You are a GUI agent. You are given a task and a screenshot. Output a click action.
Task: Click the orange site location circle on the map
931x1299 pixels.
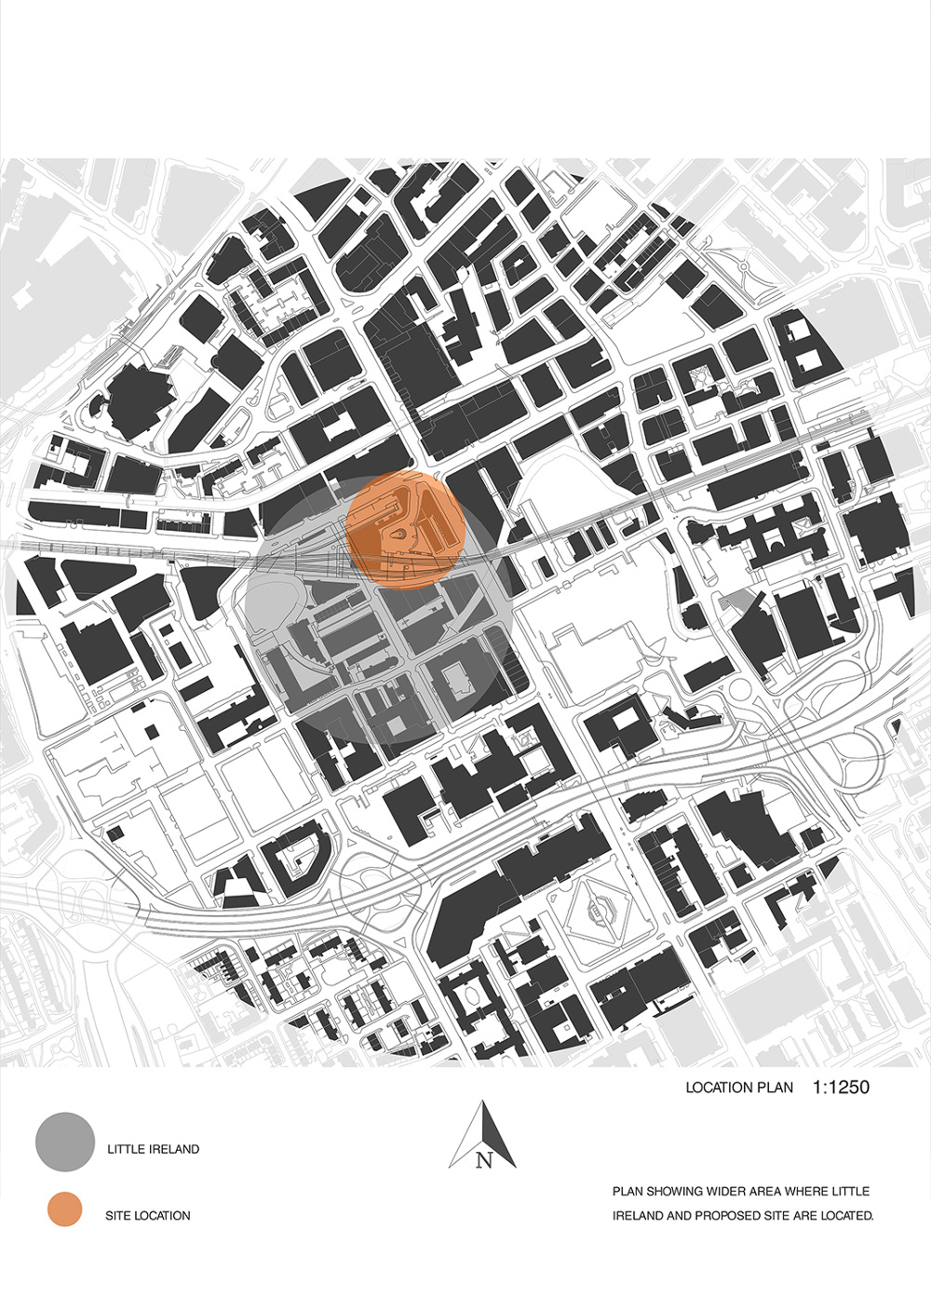pyautogui.click(x=405, y=531)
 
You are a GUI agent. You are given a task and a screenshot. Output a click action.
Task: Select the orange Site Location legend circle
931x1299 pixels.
pyautogui.click(x=65, y=1210)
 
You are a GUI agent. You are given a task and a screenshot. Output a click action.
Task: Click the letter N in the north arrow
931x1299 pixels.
pyautogui.click(x=483, y=1159)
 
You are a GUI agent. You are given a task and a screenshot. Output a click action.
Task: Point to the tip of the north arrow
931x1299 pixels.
pyautogui.click(x=483, y=1103)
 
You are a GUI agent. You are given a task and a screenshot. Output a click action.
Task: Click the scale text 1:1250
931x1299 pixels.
pyautogui.click(x=841, y=1087)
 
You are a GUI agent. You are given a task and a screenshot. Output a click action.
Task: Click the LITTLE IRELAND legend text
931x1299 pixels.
pyautogui.click(x=154, y=1149)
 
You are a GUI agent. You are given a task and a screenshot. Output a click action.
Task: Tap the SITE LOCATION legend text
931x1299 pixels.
pyautogui.click(x=148, y=1215)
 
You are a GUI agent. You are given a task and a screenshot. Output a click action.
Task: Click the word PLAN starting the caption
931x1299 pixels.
pyautogui.click(x=628, y=1191)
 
